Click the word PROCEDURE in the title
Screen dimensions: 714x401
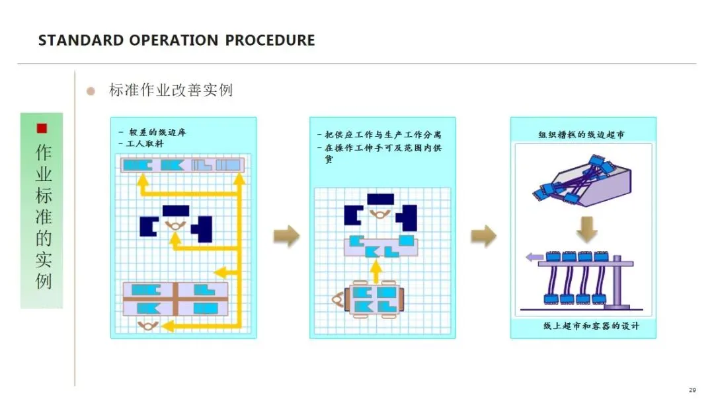270,40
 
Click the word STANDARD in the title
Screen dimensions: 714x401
72,40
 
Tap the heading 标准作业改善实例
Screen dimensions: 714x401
171,91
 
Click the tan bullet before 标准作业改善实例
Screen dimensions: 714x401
91,91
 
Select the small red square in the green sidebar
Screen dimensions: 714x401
42,128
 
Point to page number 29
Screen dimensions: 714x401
692,390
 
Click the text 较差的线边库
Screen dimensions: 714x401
157,132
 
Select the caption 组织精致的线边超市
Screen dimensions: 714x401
582,135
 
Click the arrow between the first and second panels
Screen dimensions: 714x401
286,236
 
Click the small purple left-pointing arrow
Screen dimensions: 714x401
532,258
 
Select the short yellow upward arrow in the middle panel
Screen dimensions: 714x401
376,270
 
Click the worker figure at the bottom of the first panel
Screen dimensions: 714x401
147,324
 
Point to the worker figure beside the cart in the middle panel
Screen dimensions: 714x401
337,301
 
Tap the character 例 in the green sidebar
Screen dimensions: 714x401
43,281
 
